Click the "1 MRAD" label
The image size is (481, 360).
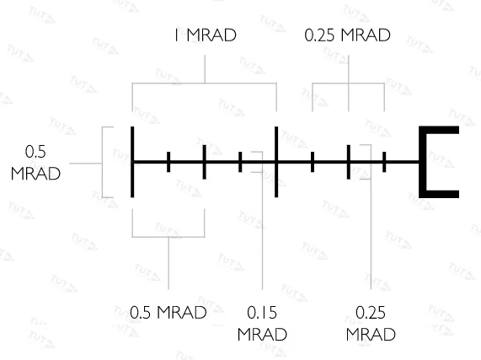click(206, 35)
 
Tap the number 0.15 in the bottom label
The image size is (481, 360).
click(262, 313)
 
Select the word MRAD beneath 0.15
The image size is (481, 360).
click(262, 334)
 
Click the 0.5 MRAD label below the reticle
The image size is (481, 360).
click(168, 313)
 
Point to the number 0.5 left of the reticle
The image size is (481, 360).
click(35, 152)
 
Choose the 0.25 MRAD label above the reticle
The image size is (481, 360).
click(347, 35)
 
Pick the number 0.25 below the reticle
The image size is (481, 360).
click(371, 313)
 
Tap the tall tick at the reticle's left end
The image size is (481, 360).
click(132, 162)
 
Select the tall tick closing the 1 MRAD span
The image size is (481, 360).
click(276, 162)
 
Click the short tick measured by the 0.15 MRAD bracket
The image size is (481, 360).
click(240, 162)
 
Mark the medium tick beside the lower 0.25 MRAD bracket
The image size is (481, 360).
click(349, 162)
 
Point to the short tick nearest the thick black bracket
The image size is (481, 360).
click(384, 162)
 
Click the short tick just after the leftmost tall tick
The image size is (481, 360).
click(168, 162)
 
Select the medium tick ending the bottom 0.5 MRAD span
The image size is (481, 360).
click(205, 162)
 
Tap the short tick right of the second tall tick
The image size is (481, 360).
click(313, 162)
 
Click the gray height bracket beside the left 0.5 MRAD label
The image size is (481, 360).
click(102, 162)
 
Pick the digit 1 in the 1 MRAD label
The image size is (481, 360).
click(176, 35)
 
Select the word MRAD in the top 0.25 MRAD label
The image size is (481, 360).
click(366, 35)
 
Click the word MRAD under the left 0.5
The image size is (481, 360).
click(35, 174)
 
